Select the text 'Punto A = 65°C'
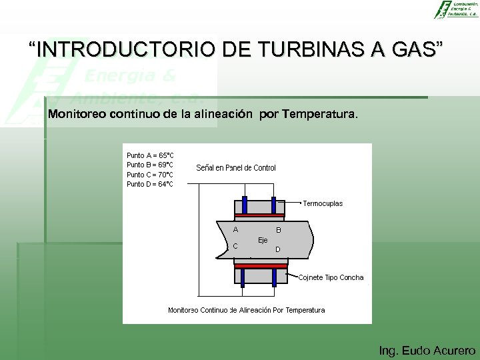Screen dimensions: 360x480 [x=150, y=155]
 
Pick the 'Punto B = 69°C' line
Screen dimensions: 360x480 [x=150, y=165]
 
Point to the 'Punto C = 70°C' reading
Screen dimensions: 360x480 [x=150, y=175]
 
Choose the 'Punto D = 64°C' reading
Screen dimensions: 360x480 [x=150, y=184]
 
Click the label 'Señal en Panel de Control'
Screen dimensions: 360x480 [x=236, y=168]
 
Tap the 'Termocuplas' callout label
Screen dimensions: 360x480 [x=323, y=203]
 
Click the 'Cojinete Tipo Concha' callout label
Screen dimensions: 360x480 [x=331, y=277]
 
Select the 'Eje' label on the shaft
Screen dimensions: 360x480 [x=263, y=240]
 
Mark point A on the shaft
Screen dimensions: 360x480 [x=235, y=230]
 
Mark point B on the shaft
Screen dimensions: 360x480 [x=279, y=231]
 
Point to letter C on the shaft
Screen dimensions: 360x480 [x=235, y=246]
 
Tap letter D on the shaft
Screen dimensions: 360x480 [x=278, y=250]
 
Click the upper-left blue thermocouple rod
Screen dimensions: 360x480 [x=245, y=205]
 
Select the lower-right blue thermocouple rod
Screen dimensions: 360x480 [x=273, y=275]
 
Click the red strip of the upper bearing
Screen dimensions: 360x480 [x=259, y=216]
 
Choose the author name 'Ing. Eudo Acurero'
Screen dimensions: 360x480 [x=427, y=350]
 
